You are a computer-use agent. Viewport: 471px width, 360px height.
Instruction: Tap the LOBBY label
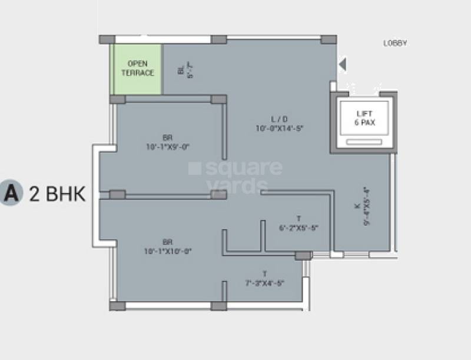(x=396, y=43)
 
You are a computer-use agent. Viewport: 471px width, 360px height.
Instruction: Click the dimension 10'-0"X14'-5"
(x=279, y=128)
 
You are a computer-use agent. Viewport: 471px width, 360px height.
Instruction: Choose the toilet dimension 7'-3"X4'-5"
(x=264, y=283)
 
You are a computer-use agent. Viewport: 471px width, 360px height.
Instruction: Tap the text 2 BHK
(x=57, y=194)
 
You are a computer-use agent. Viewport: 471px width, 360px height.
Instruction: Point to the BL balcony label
(x=181, y=69)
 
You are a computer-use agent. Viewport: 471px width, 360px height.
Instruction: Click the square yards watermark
(x=235, y=176)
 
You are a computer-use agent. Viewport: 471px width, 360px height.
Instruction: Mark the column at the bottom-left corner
(x=117, y=306)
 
